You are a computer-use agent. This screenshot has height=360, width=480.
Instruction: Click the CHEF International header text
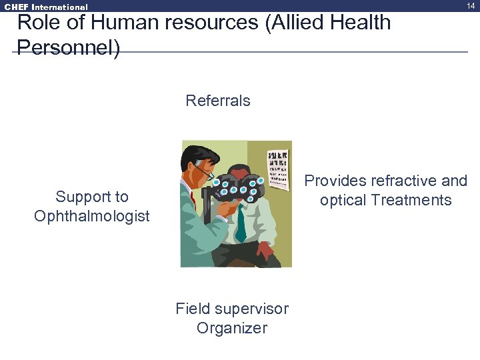tap(46, 7)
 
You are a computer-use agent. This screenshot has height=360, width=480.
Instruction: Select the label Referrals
tap(218, 101)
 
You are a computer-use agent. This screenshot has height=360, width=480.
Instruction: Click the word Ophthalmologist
tap(92, 216)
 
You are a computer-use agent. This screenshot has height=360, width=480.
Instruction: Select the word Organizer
tap(232, 328)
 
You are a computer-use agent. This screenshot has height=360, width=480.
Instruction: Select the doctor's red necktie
tap(193, 199)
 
